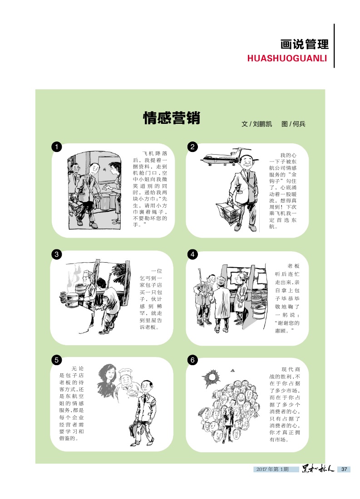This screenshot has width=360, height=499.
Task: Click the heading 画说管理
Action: (x=304, y=44)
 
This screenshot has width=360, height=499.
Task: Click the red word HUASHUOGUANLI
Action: (x=287, y=59)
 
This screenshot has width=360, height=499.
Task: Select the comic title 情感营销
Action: (x=172, y=118)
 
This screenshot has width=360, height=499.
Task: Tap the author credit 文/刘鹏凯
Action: (x=257, y=124)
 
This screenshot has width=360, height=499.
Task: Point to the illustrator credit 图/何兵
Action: (x=293, y=124)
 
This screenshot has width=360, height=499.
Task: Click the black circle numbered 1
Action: (x=57, y=147)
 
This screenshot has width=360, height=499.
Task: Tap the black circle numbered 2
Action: (x=192, y=147)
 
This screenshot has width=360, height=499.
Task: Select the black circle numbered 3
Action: (x=57, y=254)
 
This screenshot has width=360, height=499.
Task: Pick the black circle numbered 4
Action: (x=192, y=254)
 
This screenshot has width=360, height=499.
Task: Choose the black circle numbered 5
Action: (x=57, y=360)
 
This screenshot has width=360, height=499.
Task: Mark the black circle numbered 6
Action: (x=192, y=360)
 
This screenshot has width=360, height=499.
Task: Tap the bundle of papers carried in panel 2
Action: (x=227, y=212)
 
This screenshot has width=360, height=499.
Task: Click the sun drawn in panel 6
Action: (x=211, y=378)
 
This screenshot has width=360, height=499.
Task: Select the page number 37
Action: (x=344, y=469)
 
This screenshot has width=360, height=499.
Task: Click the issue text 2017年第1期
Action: (x=272, y=469)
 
